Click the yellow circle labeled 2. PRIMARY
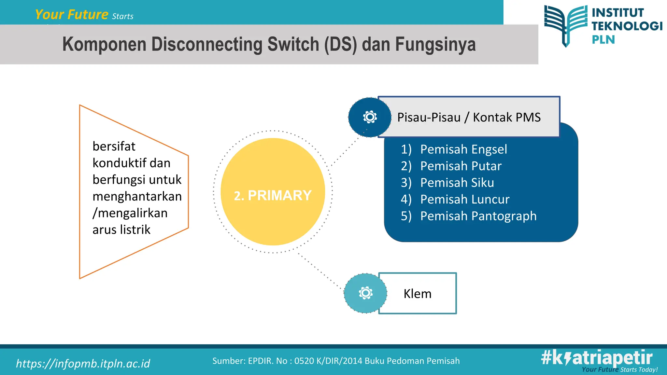273,192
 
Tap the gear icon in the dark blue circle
370,117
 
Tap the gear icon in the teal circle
365,293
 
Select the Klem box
418,294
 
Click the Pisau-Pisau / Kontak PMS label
469,117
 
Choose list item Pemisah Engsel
463,149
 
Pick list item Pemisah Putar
461,166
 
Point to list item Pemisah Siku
457,183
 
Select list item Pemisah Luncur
465,199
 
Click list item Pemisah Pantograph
478,216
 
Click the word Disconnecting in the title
207,44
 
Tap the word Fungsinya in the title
435,44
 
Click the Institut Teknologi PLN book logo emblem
566,25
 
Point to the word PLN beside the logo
603,40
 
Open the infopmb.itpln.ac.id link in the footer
83,363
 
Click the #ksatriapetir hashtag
597,357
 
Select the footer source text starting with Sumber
336,361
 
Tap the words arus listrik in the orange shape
121,230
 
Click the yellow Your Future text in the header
71,15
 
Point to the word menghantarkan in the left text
137,196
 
